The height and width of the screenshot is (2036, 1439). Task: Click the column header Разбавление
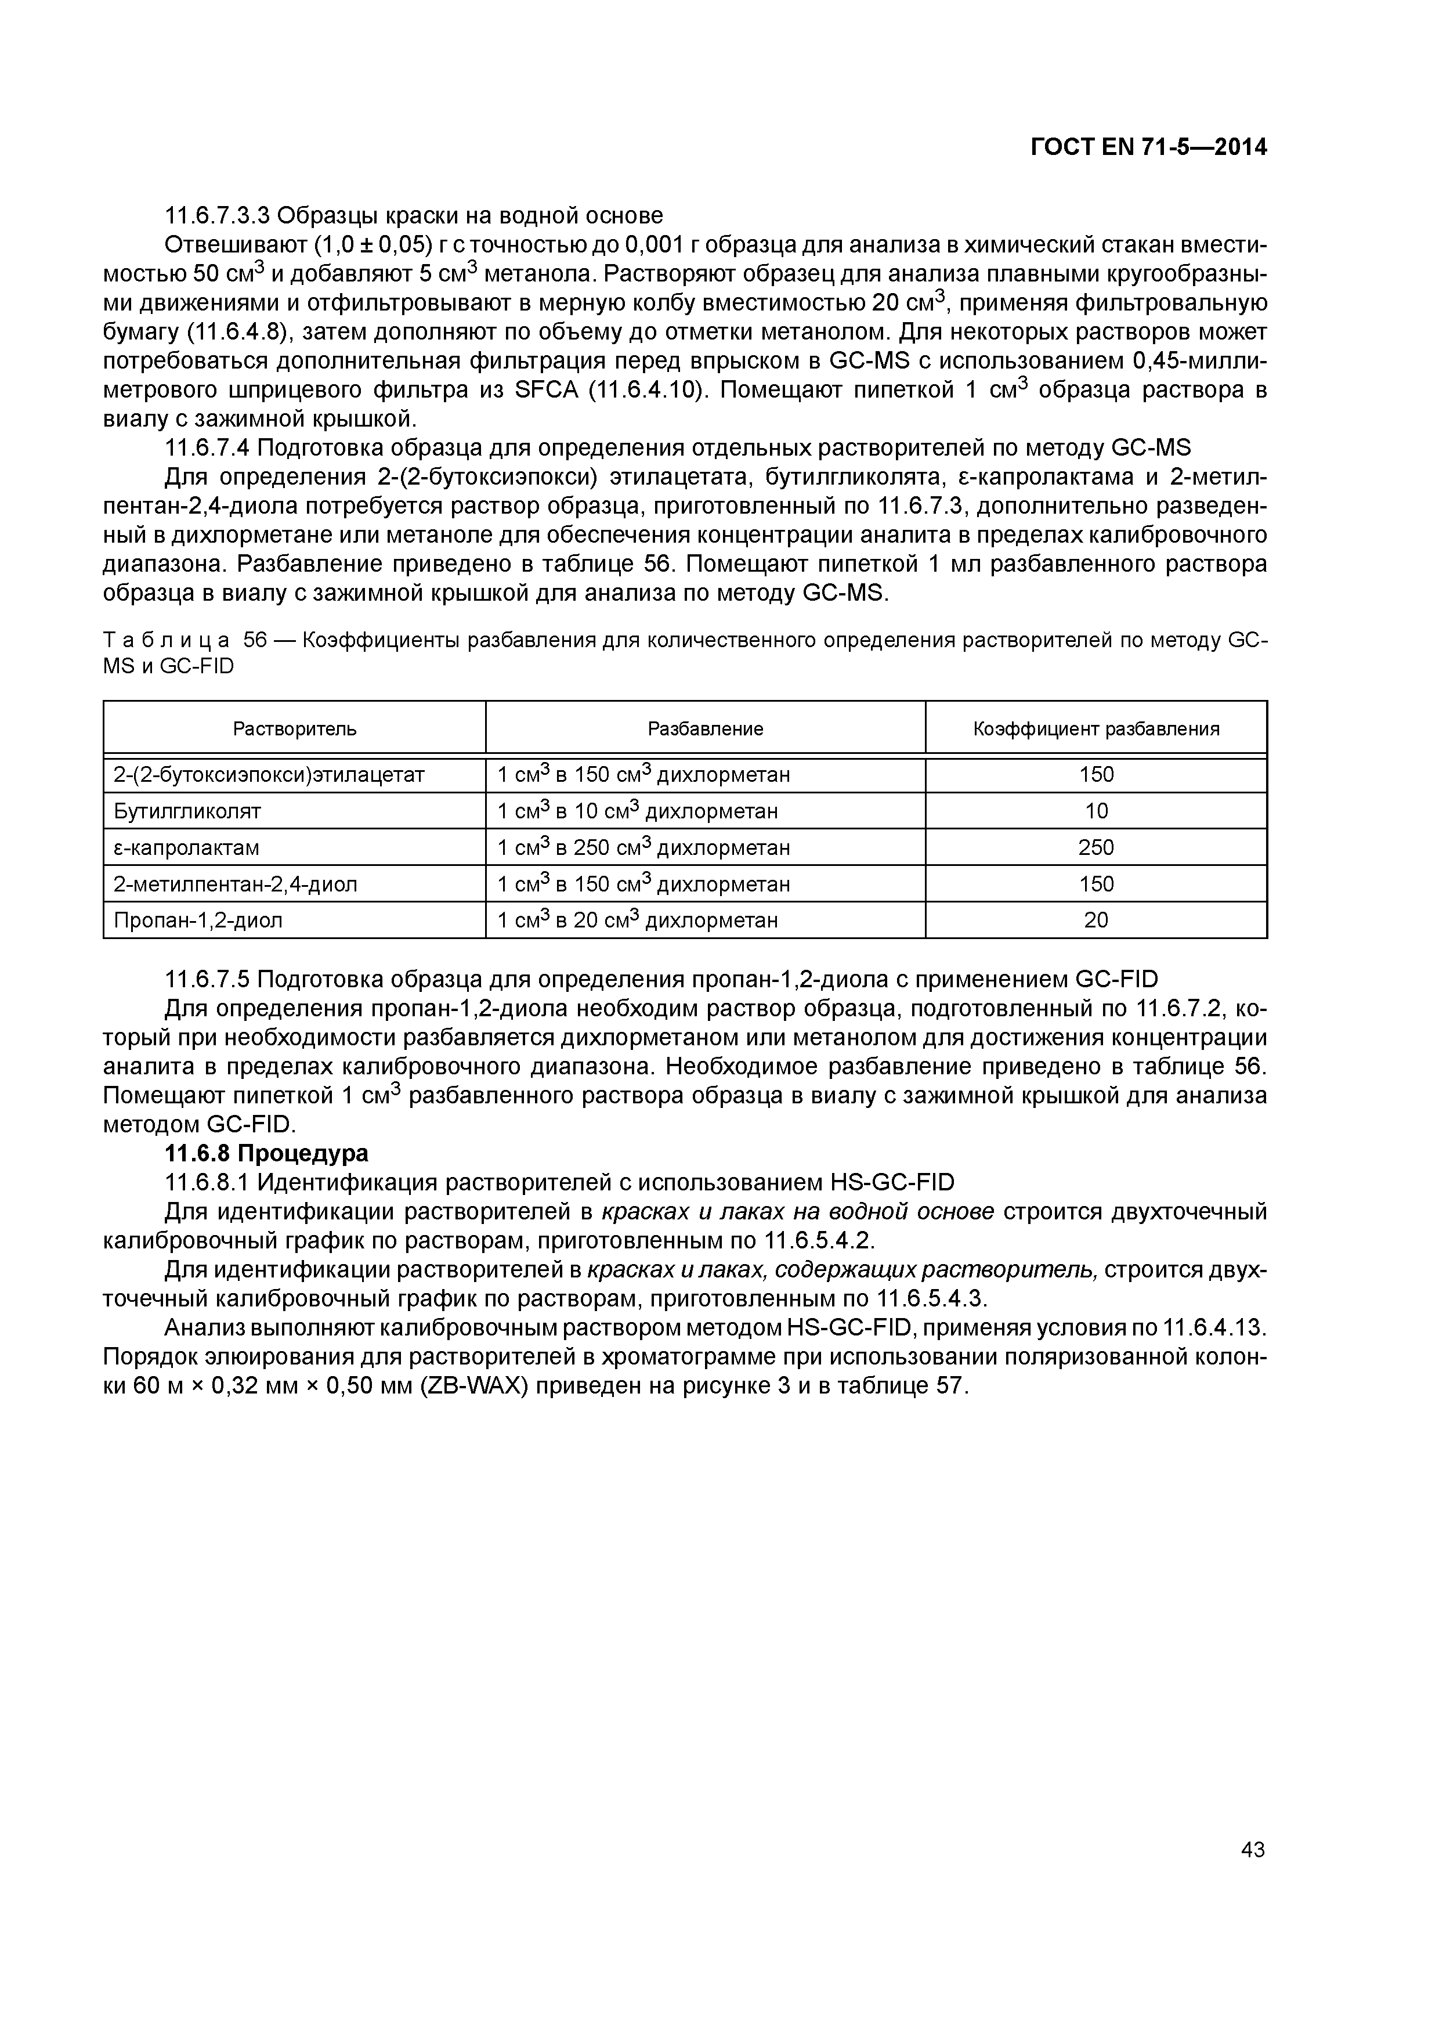pos(705,729)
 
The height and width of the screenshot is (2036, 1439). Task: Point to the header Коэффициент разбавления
pos(1096,729)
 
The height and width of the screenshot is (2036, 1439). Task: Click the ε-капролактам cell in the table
pos(186,848)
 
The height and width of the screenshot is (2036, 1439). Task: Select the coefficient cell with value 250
pos(1096,848)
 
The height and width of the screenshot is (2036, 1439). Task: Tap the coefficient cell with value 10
pos(1096,810)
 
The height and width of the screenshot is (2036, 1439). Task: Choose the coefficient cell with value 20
pos(1096,920)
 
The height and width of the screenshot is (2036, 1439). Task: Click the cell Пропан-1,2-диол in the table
pos(198,920)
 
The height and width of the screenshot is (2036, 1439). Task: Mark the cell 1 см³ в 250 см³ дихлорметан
pos(643,848)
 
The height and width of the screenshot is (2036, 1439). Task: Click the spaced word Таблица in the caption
pos(167,641)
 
